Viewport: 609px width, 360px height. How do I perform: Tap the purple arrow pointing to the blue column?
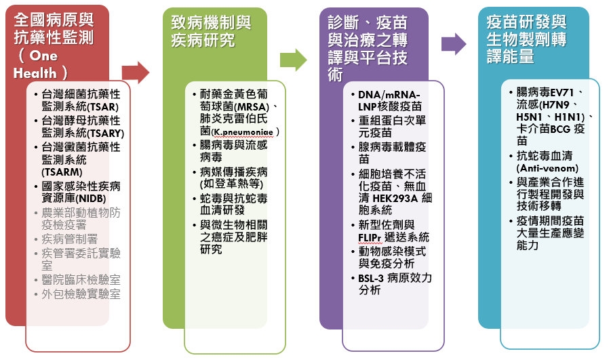(x=453, y=44)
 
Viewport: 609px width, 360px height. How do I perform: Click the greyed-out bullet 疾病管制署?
(x=70, y=239)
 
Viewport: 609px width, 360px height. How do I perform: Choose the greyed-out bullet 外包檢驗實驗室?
(x=81, y=294)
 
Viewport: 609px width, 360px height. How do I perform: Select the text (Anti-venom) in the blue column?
(x=547, y=168)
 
